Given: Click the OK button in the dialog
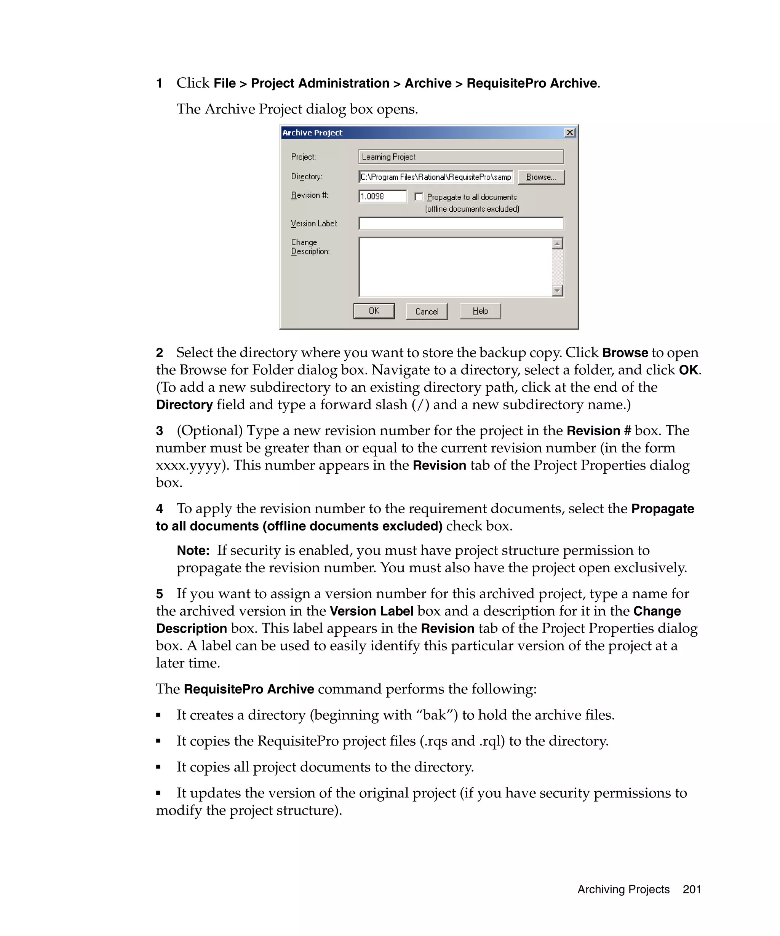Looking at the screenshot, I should click(x=374, y=311).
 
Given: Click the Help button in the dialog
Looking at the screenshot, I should click(x=480, y=311).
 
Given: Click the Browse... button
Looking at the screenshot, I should click(x=541, y=177).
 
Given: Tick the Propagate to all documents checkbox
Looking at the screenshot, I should click(x=419, y=196).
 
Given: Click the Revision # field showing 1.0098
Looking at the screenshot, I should click(x=382, y=196).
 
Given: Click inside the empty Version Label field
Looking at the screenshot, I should click(x=460, y=223).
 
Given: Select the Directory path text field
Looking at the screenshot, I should click(x=435, y=177).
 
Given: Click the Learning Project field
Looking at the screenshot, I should click(x=460, y=157).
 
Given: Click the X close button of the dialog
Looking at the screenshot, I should click(x=569, y=133).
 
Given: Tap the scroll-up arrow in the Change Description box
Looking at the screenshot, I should click(x=557, y=243).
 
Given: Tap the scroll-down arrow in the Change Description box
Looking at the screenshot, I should click(x=557, y=291).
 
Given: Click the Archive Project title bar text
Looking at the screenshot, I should click(x=312, y=133).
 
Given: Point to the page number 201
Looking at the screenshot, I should click(x=691, y=889).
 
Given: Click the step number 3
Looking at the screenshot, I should click(x=160, y=431).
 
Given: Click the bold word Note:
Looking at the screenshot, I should click(x=193, y=551).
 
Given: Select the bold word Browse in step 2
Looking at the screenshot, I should click(x=625, y=353).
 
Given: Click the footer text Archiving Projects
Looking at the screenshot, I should click(x=623, y=889).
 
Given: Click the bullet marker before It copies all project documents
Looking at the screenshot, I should click(x=158, y=767).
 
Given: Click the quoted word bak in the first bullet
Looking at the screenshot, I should click(x=434, y=715).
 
